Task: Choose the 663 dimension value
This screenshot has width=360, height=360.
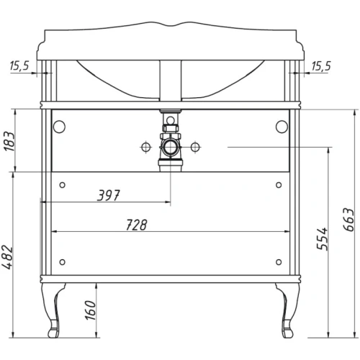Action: (346, 219)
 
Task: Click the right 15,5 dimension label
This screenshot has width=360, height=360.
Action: (320, 66)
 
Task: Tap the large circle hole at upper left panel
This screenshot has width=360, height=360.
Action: (58, 125)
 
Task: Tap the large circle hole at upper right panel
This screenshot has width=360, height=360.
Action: (279, 125)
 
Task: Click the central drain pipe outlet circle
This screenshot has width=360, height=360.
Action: (171, 148)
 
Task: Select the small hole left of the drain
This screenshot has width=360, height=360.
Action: (146, 148)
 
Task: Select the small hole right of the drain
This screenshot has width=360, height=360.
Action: (194, 148)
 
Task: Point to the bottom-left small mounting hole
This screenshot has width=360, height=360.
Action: (63, 262)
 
